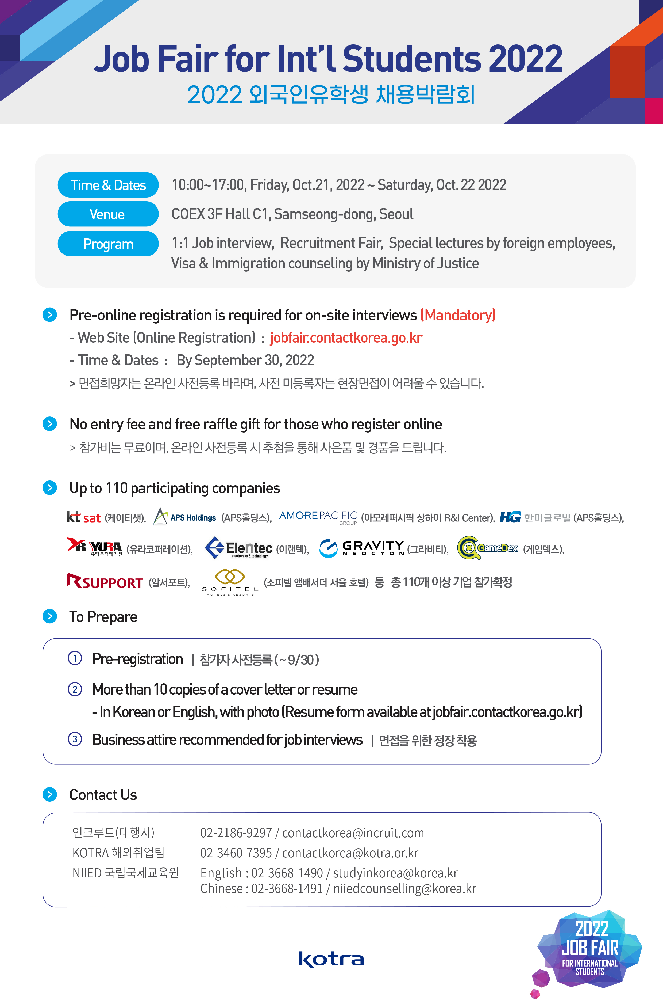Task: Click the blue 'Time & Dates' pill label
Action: [108, 185]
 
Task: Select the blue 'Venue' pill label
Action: [108, 214]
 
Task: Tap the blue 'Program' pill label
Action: [108, 244]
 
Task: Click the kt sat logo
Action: [84, 518]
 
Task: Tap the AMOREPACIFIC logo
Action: [318, 517]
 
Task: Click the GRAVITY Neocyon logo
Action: [361, 548]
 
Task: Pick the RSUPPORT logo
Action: [105, 582]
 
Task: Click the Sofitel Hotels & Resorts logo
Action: [230, 582]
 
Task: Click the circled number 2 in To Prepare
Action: [75, 689]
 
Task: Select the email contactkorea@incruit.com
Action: [353, 833]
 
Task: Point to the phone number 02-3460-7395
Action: [236, 852]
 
